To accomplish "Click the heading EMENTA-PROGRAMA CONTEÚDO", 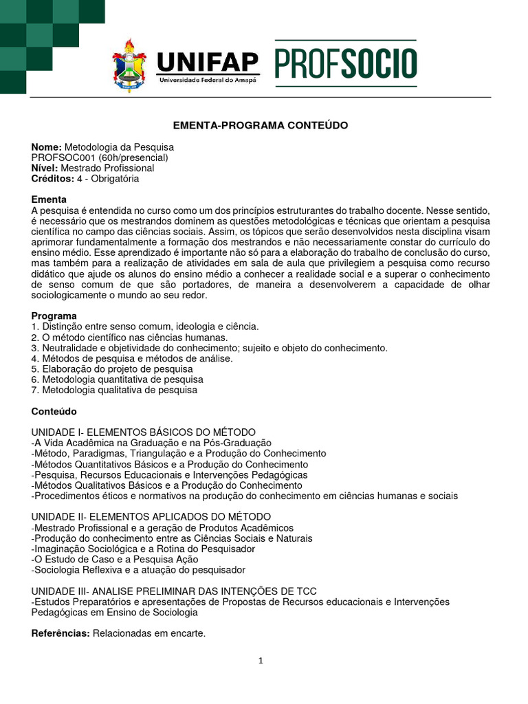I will point(261,125).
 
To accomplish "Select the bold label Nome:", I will point(47,147).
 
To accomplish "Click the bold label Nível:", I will point(45,168).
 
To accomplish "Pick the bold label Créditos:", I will point(52,178).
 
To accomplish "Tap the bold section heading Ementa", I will point(49,199).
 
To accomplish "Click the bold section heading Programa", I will point(54,316).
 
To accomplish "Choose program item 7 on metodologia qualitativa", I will point(114,390).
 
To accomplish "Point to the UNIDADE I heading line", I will point(144,432).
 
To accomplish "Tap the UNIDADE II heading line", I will point(151,516).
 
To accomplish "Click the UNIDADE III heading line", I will point(174,591).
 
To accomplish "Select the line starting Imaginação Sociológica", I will point(143,549).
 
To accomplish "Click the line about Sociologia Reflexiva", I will point(138,569).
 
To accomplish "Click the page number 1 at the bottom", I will point(261,661).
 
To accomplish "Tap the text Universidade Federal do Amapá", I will point(208,80).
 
